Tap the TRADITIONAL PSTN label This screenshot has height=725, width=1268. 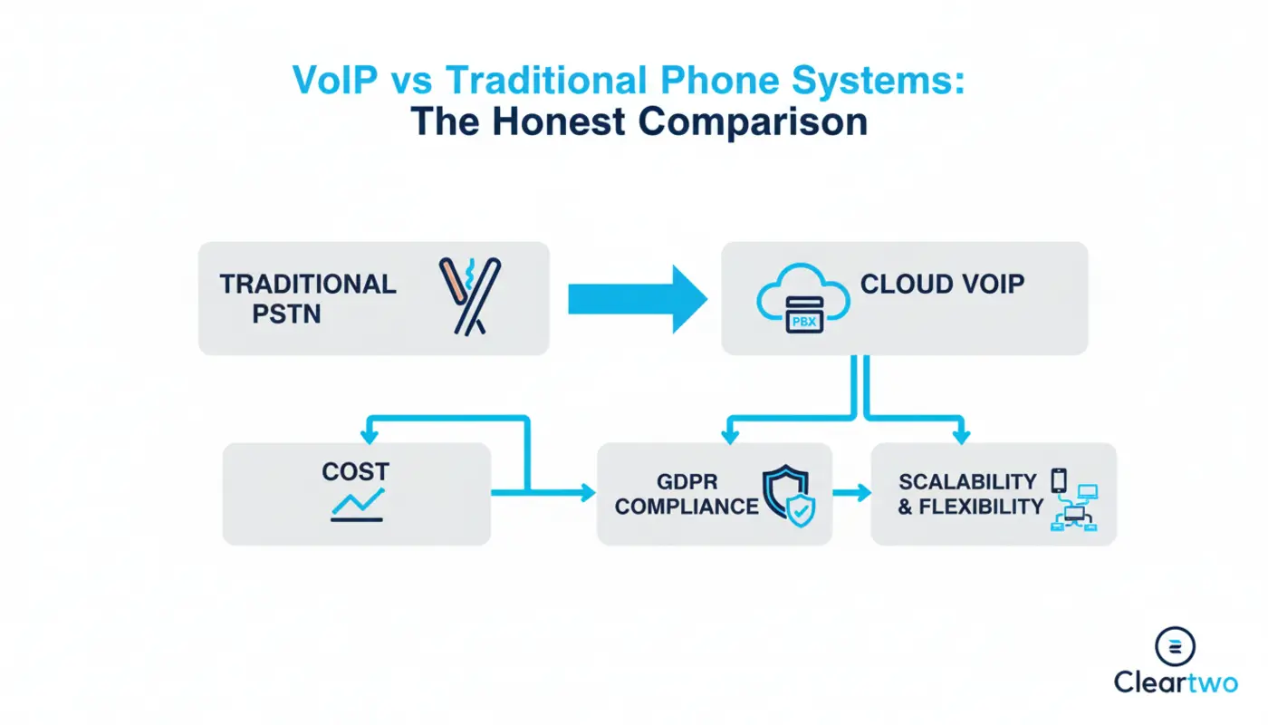click(x=308, y=298)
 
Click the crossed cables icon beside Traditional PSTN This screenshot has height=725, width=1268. click(x=469, y=296)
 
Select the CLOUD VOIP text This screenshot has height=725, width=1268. click(x=942, y=284)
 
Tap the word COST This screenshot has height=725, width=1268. click(x=355, y=471)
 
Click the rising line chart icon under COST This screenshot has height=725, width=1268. click(x=357, y=505)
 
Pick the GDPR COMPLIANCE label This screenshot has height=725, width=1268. click(x=687, y=494)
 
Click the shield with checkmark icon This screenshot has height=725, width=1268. click(x=789, y=496)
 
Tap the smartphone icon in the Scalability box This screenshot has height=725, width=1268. click(x=1059, y=479)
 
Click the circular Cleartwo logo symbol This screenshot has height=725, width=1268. click(x=1175, y=645)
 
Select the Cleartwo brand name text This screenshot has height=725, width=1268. click(x=1175, y=682)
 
